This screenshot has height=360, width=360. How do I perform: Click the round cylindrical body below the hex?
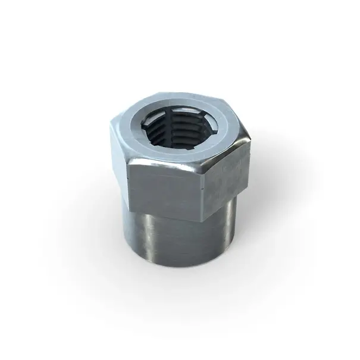[x=179, y=238]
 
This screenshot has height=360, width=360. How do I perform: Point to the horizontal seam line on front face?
[x=167, y=181]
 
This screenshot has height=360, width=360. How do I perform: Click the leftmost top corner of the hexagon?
[x=111, y=122]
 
